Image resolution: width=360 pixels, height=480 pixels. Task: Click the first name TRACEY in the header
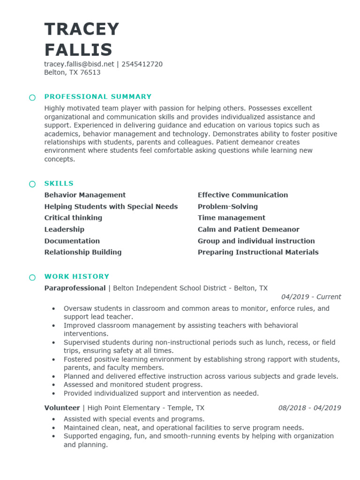pos(82,30)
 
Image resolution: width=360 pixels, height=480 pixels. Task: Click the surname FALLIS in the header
pos(78,50)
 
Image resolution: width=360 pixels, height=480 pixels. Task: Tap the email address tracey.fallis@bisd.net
pos(79,64)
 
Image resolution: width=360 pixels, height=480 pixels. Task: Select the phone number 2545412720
pos(142,64)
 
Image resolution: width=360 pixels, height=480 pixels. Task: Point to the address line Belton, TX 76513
pos(72,73)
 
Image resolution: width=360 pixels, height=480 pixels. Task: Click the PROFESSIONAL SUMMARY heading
pos(98,97)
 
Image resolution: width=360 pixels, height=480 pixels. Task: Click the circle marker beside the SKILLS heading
pos(32,184)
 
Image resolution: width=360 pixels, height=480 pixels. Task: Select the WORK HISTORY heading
pos(77,277)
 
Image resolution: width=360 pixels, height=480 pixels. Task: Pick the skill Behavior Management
pos(85,195)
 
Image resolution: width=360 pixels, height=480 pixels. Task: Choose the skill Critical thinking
pos(73,218)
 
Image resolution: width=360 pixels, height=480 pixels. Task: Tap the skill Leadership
pos(64,229)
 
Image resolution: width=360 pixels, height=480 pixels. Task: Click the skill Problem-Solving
pos(228,207)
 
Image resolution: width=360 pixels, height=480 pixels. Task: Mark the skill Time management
pos(232,218)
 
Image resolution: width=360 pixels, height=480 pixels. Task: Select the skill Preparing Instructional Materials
pos(258,252)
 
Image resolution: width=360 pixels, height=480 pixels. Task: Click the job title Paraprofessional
pos(75,288)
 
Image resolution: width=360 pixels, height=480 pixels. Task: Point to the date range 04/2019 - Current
pos(311,297)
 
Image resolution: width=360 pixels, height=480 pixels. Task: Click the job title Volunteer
pos(62,408)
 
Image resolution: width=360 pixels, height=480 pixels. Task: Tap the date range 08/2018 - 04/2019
pos(309,408)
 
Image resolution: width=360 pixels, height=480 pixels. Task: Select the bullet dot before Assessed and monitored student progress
pos(54,385)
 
